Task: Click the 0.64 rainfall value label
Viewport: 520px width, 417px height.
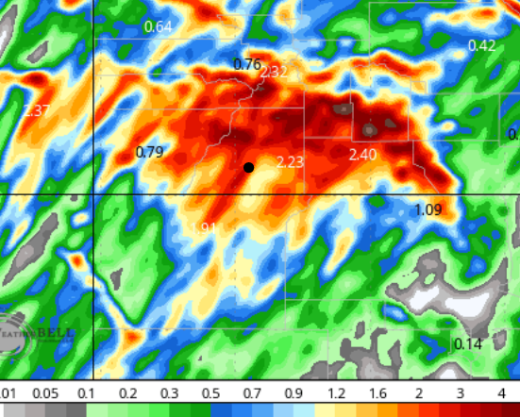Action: tap(158, 26)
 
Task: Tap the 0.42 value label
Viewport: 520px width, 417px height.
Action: tap(481, 45)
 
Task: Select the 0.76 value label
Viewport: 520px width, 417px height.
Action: tap(246, 64)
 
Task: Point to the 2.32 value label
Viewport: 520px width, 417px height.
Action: tap(275, 72)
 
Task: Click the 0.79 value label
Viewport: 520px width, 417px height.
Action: tap(149, 151)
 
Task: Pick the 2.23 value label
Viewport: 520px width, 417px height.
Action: tap(290, 162)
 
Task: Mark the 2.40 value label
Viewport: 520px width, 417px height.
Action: tap(363, 154)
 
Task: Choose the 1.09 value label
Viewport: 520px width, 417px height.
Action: tap(428, 208)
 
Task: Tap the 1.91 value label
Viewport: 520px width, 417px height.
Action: tap(205, 227)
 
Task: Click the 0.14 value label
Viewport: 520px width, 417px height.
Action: tap(468, 343)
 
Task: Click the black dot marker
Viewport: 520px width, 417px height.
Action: tap(248, 167)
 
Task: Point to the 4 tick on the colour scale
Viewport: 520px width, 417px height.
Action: tap(501, 392)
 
